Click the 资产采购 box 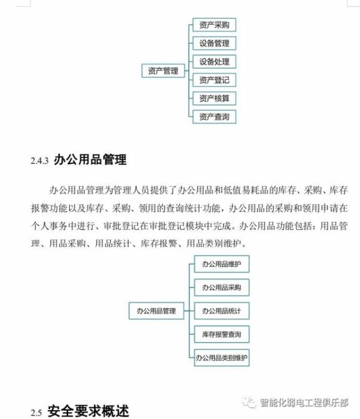[214, 25]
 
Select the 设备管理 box [214, 43]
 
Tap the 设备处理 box [214, 62]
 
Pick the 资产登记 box [214, 80]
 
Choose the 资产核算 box [214, 99]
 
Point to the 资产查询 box [214, 117]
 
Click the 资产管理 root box [163, 71]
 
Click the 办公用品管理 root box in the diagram [157, 311]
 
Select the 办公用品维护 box [222, 264]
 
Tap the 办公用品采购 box [222, 287]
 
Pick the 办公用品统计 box [222, 311]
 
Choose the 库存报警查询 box [222, 334]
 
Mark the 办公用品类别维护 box [222, 358]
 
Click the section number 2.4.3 [39, 161]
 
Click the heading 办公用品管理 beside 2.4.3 [90, 159]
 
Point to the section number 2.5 [37, 413]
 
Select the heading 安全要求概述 [88, 411]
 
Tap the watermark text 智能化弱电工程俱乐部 [304, 403]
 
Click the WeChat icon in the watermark [249, 402]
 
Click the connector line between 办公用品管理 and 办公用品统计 [189, 311]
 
